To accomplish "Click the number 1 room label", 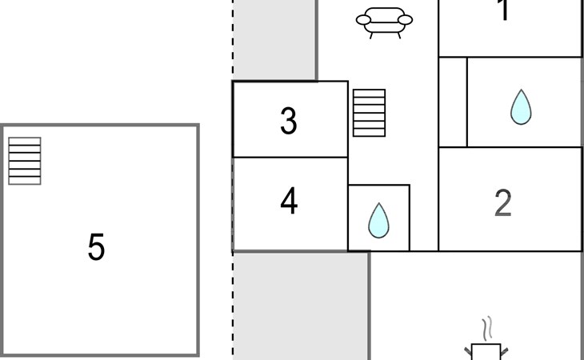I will tap(503, 11).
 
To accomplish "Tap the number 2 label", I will tap(502, 203).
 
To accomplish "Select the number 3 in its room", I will tap(289, 121).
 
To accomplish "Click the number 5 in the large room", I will tap(96, 247).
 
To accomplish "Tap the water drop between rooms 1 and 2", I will tap(521, 106).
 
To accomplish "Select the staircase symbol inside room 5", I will tap(25, 161).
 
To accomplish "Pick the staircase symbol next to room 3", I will tap(369, 113).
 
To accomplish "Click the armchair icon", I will tap(384, 21).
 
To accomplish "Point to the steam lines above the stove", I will tap(486, 329).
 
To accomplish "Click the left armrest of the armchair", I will tap(363, 19).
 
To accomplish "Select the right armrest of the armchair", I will tap(406, 19).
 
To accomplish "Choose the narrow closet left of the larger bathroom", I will tap(453, 102).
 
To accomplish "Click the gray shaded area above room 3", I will tap(274, 40).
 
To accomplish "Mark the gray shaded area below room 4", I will tap(300, 308).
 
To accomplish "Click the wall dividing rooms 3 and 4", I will tap(290, 158).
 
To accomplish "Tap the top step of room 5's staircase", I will tap(25, 142).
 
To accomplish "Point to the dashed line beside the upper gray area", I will tap(234, 40).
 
